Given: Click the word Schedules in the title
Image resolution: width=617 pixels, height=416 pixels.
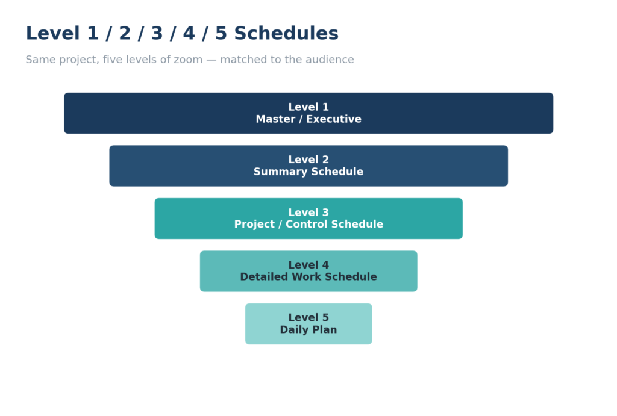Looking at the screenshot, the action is click(286, 33).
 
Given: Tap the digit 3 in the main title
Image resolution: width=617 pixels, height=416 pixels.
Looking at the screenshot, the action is click(157, 33).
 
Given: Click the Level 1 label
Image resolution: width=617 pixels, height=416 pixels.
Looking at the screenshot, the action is click(308, 107).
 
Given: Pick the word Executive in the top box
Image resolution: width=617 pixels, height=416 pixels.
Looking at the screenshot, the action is click(334, 119).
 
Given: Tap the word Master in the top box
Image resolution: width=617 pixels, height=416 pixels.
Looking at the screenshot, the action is click(275, 119).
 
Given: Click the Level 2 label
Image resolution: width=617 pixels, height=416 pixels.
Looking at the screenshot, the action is click(308, 160).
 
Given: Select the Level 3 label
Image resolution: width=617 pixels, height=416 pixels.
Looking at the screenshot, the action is click(308, 213).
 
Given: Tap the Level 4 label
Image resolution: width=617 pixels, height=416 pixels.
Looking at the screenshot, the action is click(308, 265).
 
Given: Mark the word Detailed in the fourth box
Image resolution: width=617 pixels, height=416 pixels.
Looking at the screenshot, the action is click(264, 277).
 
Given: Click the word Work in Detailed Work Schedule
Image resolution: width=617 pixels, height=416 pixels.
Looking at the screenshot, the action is click(307, 277).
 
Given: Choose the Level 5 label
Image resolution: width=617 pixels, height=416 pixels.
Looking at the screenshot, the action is click(308, 318).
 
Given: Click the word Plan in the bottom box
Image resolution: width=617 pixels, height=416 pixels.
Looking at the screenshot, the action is click(324, 329).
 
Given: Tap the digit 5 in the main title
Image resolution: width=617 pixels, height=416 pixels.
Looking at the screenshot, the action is click(221, 33).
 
